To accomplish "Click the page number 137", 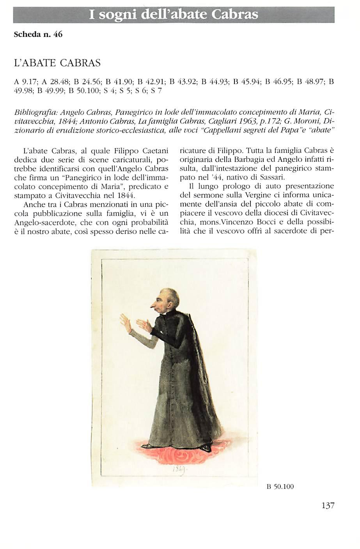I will (x=328, y=506).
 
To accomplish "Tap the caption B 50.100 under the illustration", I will (x=280, y=486).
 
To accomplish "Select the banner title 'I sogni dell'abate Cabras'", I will (x=174, y=15).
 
